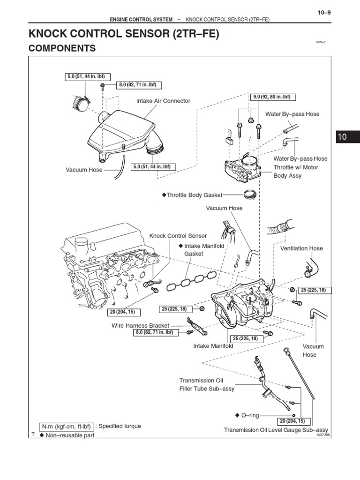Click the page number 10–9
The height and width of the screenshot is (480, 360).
(x=324, y=13)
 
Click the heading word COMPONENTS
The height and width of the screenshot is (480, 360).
(x=62, y=48)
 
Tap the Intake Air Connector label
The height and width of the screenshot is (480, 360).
(x=163, y=101)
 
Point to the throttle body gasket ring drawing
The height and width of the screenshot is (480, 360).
(x=251, y=193)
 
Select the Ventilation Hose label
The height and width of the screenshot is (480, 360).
(x=301, y=248)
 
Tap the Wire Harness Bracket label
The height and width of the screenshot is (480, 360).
(x=140, y=325)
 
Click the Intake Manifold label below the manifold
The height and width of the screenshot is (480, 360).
(x=213, y=346)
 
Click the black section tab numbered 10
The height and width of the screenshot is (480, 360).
(x=342, y=137)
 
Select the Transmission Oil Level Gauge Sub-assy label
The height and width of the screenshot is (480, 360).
(x=276, y=430)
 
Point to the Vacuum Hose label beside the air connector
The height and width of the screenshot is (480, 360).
(x=84, y=170)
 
